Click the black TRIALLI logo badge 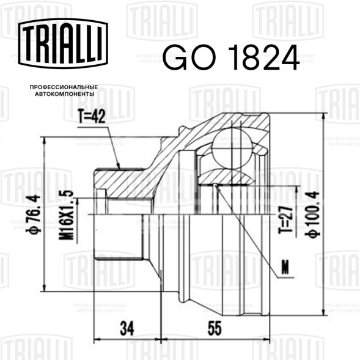point(63,43)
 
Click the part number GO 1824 point(231,57)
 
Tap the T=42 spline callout point(92,116)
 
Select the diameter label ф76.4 point(34,214)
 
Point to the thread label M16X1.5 point(67,215)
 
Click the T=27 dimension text point(285,219)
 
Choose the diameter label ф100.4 point(312,214)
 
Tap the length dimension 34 point(127,328)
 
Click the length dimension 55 point(215,328)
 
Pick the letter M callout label point(285,268)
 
